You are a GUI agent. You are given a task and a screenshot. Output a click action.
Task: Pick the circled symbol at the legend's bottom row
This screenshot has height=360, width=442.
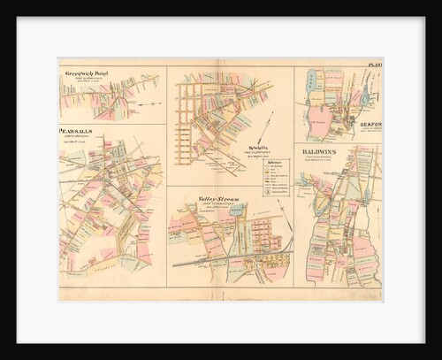click(267, 189)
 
